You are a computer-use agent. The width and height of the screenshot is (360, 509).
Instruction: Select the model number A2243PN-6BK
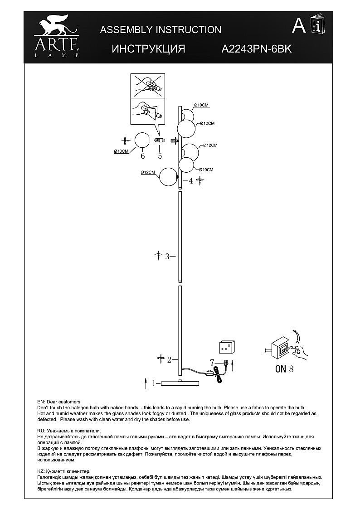[x=257, y=48]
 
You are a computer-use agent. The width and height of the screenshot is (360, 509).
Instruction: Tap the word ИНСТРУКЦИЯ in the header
[x=148, y=48]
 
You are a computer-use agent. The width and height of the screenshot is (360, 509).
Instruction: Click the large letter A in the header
[x=299, y=26]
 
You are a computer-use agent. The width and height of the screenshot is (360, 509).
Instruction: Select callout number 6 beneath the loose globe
[x=143, y=156]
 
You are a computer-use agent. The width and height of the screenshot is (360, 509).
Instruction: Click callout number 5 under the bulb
[x=160, y=156]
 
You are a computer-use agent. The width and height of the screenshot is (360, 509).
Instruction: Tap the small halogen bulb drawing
[x=160, y=141]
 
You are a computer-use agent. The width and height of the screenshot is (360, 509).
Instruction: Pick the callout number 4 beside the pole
[x=191, y=181]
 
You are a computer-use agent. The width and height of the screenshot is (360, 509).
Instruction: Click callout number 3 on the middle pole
[x=167, y=257]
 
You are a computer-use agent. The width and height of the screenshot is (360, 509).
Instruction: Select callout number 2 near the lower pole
[x=169, y=360]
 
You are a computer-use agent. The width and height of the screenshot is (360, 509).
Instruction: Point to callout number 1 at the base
[x=154, y=383]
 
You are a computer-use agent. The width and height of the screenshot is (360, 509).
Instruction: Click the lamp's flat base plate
[x=180, y=383]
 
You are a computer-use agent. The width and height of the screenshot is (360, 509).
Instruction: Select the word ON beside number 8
[x=281, y=369]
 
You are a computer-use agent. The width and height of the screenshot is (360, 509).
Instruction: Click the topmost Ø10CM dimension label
[x=201, y=105]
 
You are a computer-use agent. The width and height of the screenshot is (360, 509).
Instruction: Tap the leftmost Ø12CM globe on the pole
[x=168, y=177]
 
